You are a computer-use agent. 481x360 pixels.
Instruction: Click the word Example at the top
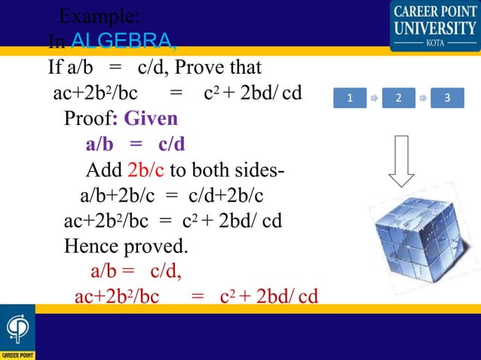97,15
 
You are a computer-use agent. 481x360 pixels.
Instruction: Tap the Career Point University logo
434,25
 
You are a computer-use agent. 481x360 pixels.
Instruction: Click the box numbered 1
349,99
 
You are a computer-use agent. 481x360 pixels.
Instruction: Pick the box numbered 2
399,99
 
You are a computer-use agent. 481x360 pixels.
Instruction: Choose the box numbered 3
448,99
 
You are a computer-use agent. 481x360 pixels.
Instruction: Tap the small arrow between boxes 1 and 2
374,99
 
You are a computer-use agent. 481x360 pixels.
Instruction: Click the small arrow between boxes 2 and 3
424,99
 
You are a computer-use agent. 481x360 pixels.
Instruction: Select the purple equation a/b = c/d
135,144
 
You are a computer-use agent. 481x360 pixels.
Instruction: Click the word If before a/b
55,68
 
